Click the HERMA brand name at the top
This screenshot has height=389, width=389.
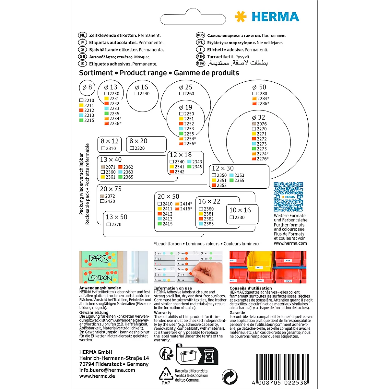(275, 17)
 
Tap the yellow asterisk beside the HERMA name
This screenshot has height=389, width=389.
(241, 17)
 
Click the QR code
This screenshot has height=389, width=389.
(288, 197)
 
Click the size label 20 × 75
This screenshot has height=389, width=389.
(111, 189)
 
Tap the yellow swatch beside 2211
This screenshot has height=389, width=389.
(81, 105)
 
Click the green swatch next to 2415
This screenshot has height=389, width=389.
(160, 224)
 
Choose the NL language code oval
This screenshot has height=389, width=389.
(83, 35)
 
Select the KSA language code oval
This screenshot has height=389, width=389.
(201, 64)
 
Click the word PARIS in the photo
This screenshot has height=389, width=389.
(99, 258)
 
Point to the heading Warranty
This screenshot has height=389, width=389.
(163, 313)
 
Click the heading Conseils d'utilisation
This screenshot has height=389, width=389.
(251, 288)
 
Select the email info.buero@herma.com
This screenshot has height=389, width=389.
(107, 370)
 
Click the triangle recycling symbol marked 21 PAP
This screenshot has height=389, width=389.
(166, 375)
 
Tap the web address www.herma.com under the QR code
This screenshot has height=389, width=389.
(290, 243)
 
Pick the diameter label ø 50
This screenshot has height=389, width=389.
(259, 87)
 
